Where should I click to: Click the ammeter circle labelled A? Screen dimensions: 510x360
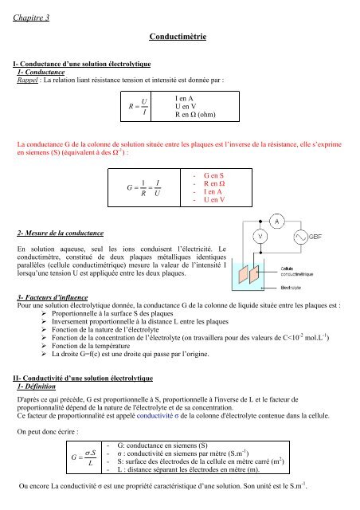tap(276, 221)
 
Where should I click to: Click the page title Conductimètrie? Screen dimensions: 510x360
tap(179, 37)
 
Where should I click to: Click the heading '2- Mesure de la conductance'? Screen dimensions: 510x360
tap(60, 233)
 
